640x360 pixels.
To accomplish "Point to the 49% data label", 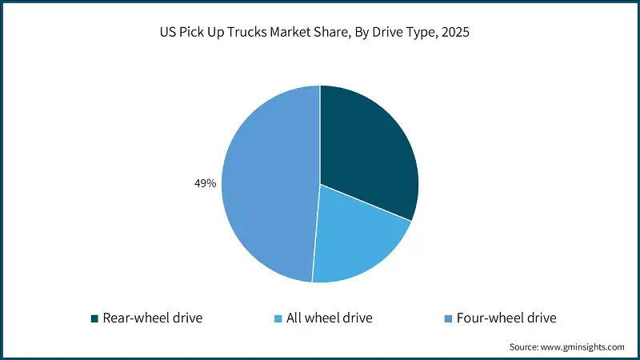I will pos(206,184).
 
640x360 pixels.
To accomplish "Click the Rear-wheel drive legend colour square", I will pos(95,318).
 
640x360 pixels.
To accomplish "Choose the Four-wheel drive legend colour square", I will pos(448,318).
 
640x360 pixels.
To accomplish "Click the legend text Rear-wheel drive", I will pos(152,318).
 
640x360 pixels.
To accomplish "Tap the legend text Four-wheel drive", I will pos(506,318).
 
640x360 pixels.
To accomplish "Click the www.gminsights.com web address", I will pos(582,347).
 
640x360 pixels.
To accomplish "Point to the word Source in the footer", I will pos(524,347).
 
